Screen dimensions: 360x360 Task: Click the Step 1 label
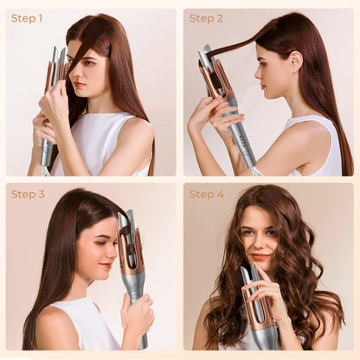(27, 18)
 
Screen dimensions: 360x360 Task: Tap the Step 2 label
(206, 18)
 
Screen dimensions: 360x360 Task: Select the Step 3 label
(28, 194)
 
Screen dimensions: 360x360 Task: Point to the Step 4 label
(207, 194)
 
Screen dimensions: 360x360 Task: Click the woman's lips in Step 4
(260, 257)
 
